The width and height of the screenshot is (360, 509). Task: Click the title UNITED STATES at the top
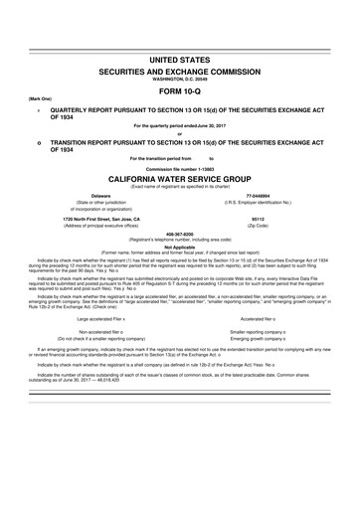[x=180, y=61]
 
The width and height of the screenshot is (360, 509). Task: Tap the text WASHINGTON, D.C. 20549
[x=180, y=81]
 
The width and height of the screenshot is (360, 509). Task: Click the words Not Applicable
[x=180, y=249]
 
